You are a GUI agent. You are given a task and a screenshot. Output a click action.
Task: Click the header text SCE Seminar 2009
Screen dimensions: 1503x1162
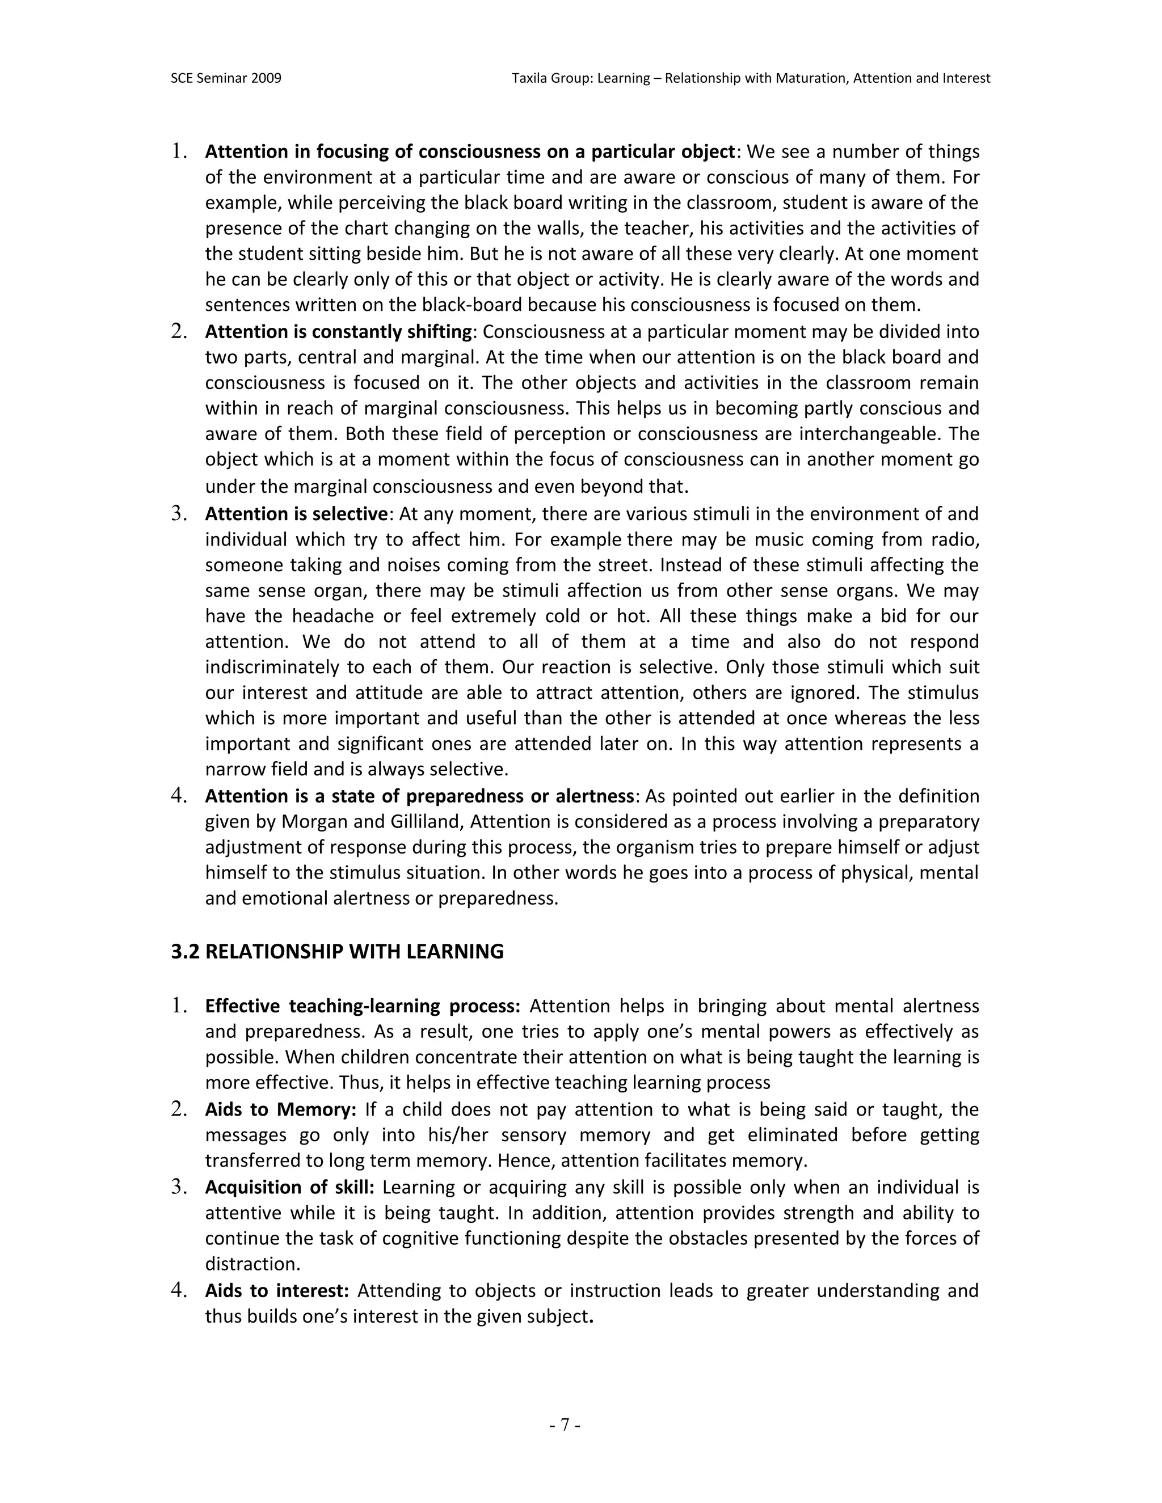tap(226, 78)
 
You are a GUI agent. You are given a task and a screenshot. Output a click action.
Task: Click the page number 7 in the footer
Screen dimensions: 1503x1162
tap(565, 1425)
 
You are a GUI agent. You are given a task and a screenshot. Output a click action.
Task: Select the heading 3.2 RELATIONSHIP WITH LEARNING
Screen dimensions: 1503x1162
tap(338, 952)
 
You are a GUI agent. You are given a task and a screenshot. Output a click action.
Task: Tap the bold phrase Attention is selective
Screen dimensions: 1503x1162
tap(297, 513)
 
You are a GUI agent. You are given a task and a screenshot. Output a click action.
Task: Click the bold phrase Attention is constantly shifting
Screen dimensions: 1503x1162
tap(339, 332)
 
